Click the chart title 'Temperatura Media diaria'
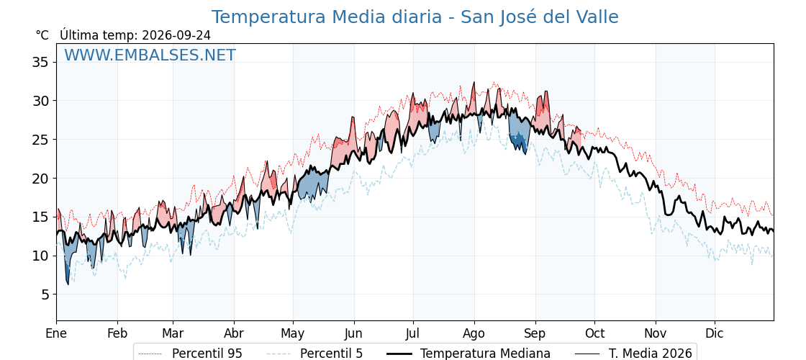327,17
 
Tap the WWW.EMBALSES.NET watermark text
150,55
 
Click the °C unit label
42,35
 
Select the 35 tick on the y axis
40,62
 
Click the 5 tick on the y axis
45,294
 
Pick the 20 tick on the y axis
40,179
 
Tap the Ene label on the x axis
56,333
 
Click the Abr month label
234,333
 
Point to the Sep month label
535,333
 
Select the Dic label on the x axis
715,333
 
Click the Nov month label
656,333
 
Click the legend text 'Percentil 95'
207,354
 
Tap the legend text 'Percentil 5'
332,354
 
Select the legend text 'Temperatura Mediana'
485,354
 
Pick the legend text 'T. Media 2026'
651,354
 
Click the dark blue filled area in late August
519,140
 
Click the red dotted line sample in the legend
150,354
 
